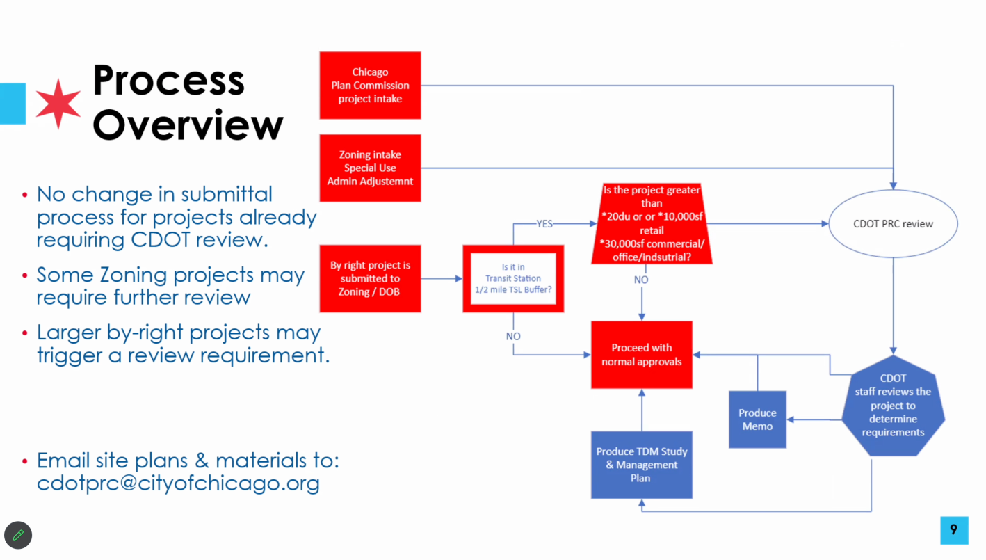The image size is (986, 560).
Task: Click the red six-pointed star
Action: [x=58, y=104]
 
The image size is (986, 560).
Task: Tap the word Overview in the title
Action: [x=188, y=125]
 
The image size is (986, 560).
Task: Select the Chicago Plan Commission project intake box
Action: [x=370, y=86]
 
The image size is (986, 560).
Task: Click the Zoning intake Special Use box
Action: [x=370, y=168]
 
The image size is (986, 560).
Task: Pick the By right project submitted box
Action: [x=370, y=278]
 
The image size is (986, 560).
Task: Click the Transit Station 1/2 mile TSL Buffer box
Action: [x=513, y=278]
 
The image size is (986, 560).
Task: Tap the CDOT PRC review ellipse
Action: [x=893, y=224]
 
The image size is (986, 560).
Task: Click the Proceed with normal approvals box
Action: [x=641, y=355]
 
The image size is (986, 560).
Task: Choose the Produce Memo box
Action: [x=757, y=419]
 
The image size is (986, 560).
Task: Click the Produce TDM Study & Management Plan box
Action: [x=641, y=465]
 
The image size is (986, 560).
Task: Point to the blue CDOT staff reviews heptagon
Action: [x=893, y=406]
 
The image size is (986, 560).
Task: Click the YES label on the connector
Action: [x=544, y=224]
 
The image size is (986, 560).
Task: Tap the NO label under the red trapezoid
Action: [x=641, y=280]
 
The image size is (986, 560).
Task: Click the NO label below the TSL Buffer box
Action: [x=513, y=336]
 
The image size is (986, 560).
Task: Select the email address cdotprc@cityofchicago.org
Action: [x=178, y=483]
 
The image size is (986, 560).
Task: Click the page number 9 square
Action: [x=953, y=530]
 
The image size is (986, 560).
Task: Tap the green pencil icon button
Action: [x=18, y=535]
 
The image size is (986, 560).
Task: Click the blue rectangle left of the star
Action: [x=12, y=104]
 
